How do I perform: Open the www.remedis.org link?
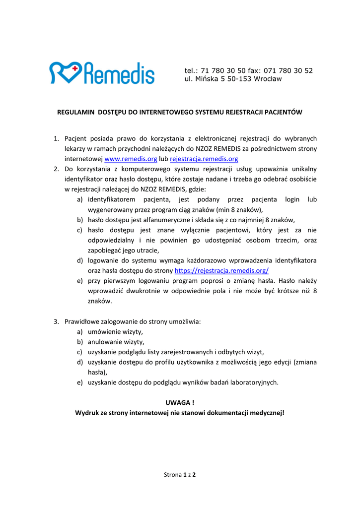click(x=131, y=159)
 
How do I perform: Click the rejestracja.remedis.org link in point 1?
click(x=204, y=159)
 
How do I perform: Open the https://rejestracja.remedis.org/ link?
click(x=221, y=270)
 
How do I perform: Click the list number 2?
click(x=56, y=169)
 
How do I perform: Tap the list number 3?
click(x=56, y=321)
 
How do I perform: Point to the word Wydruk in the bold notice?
click(x=87, y=412)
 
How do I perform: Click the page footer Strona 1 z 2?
click(x=180, y=475)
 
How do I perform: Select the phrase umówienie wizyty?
click(x=115, y=332)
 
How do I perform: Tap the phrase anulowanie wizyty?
click(x=116, y=342)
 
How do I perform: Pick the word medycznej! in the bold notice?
click(x=266, y=412)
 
